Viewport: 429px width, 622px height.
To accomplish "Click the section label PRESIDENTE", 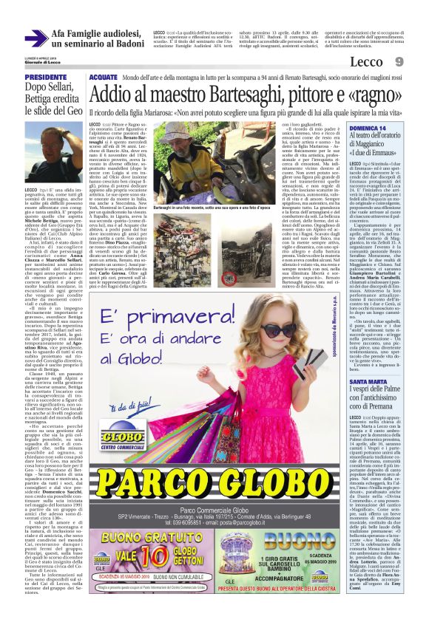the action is tap(46, 77).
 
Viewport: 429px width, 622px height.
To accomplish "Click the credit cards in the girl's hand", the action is tap(313, 361).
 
